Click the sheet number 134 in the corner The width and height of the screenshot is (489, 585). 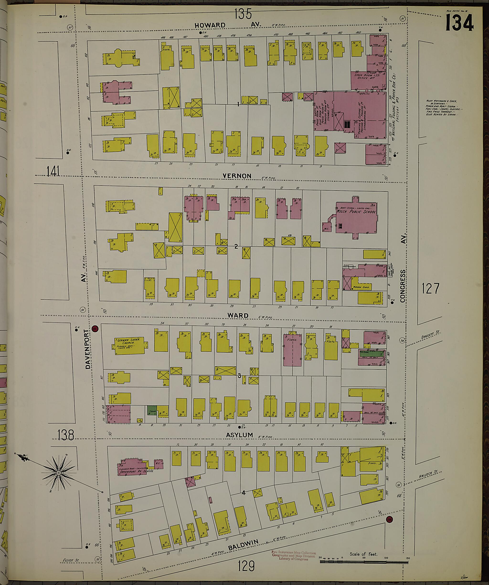point(459,23)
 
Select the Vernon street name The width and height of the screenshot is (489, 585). point(237,176)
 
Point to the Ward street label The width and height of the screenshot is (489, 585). point(238,315)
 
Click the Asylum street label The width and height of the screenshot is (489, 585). point(239,435)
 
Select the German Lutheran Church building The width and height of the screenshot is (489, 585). point(129,346)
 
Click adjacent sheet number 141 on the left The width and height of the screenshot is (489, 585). point(53,171)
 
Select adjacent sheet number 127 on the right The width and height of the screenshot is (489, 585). point(430,288)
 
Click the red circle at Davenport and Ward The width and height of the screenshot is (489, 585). point(95,329)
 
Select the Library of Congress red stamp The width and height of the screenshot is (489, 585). point(293,556)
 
